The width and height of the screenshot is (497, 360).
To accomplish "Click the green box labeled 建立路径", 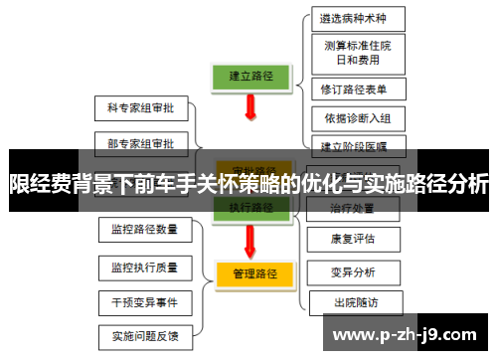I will click(251, 75).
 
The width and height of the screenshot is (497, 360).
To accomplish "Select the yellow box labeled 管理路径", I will click(253, 271).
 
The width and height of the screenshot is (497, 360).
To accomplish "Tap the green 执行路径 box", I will click(250, 208).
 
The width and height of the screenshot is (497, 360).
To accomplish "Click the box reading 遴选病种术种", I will click(353, 18).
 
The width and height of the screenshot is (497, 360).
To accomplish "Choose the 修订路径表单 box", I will click(354, 90).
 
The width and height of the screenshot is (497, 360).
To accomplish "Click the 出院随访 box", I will click(355, 301).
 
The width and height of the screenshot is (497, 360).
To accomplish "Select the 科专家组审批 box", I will click(140, 106).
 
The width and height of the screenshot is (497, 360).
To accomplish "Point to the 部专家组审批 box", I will click(140, 143).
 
